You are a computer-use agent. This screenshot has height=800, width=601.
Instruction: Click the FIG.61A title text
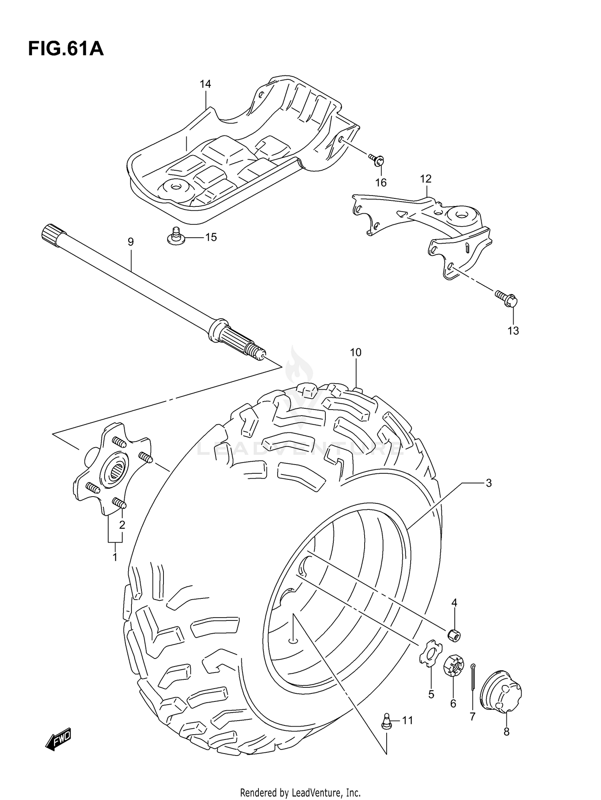[66, 49]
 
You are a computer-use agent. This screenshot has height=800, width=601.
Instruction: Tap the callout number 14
[205, 84]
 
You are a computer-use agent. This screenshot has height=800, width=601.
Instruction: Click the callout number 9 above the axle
[131, 242]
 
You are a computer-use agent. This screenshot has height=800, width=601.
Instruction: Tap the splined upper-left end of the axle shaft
[52, 232]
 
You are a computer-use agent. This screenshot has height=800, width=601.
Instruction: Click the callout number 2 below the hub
[122, 525]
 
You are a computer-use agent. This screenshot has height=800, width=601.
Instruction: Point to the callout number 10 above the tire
[355, 353]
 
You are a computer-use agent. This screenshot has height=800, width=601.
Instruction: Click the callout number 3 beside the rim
[488, 483]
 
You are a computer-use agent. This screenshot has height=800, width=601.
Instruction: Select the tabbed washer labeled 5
[430, 655]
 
